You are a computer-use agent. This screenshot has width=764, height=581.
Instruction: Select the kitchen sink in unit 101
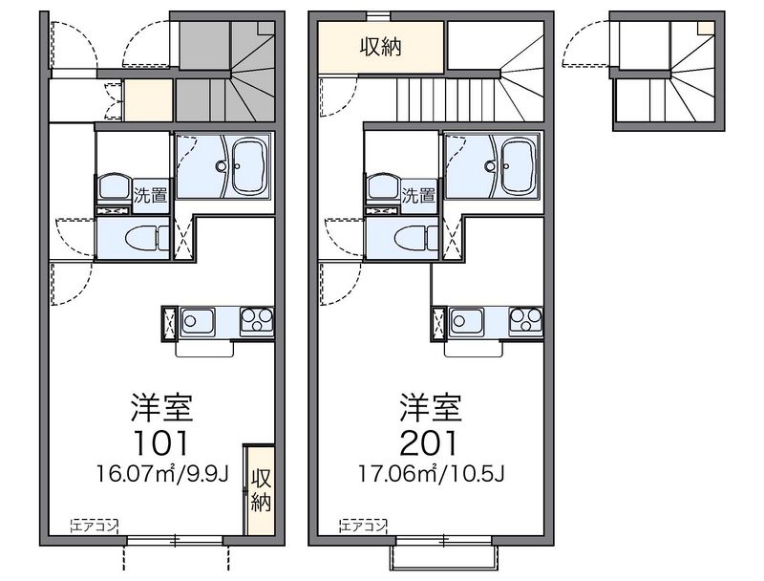coord(198,321)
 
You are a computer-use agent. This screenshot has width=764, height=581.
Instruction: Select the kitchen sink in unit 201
coord(467,321)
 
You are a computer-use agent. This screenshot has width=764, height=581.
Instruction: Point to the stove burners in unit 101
coord(257,321)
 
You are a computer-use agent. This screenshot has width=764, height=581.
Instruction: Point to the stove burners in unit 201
coord(526,321)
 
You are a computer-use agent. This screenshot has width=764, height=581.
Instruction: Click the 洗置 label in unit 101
coord(151,196)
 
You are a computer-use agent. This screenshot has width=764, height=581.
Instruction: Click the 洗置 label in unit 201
coord(418,196)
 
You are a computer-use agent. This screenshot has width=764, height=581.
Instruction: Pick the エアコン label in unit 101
coord(95,526)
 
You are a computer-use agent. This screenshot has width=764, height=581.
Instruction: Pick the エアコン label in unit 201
coord(364,526)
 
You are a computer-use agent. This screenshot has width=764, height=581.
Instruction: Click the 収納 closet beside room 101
coord(261,490)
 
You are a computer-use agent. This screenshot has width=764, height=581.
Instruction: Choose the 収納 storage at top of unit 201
coord(381,48)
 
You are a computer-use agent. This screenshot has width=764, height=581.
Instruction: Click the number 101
coord(160,443)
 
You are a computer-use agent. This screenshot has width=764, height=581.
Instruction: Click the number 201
coord(429,443)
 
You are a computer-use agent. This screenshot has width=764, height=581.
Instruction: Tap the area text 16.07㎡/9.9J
coord(162,473)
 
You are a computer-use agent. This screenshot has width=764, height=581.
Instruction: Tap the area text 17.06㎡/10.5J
coord(432,473)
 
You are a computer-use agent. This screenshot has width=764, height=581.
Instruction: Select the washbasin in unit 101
coord(114,186)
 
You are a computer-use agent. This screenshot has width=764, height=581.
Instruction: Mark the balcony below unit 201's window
coord(444,558)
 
